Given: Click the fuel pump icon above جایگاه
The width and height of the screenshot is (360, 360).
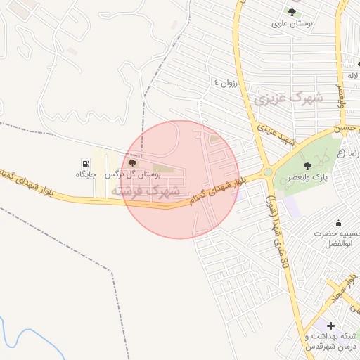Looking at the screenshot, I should [x=86, y=162].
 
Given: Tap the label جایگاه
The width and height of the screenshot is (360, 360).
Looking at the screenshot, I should [x=86, y=174].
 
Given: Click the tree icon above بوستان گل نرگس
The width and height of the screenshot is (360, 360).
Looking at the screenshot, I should [x=132, y=163].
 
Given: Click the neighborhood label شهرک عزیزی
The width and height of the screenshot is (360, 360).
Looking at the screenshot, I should [x=289, y=96].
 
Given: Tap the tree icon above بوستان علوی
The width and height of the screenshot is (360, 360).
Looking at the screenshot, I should [x=292, y=12].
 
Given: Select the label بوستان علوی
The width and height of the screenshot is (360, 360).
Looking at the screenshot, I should [x=292, y=23].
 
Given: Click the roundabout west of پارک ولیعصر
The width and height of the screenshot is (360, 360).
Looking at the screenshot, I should [x=268, y=172].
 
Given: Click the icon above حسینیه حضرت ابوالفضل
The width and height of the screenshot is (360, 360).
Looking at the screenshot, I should [x=338, y=223].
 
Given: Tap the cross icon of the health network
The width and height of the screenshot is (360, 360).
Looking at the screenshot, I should [x=330, y=326].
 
